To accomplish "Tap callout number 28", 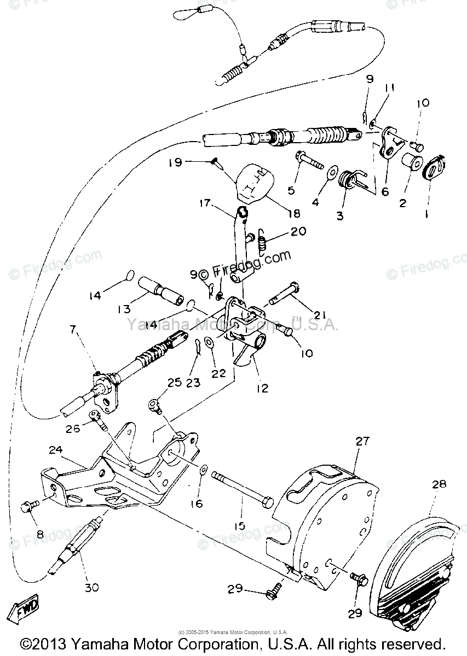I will tap(439, 484).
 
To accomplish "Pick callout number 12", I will tap(262, 389).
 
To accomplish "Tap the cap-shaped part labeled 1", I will tap(436, 166).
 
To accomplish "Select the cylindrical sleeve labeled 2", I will tap(411, 162).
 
